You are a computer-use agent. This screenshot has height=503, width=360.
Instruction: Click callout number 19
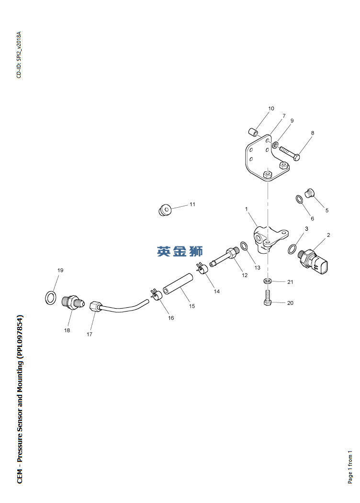(x=60, y=270)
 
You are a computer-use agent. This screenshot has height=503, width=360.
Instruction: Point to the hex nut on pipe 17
(x=95, y=306)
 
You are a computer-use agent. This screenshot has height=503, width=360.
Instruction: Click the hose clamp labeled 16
(x=157, y=294)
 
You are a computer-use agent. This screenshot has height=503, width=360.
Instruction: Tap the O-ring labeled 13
(x=244, y=246)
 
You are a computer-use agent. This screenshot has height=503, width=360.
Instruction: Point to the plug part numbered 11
(x=164, y=210)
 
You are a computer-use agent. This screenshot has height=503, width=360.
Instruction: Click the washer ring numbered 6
(x=298, y=199)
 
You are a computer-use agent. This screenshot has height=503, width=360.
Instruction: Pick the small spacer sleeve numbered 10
(x=253, y=131)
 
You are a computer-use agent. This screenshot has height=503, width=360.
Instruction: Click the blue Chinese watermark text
(x=180, y=251)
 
